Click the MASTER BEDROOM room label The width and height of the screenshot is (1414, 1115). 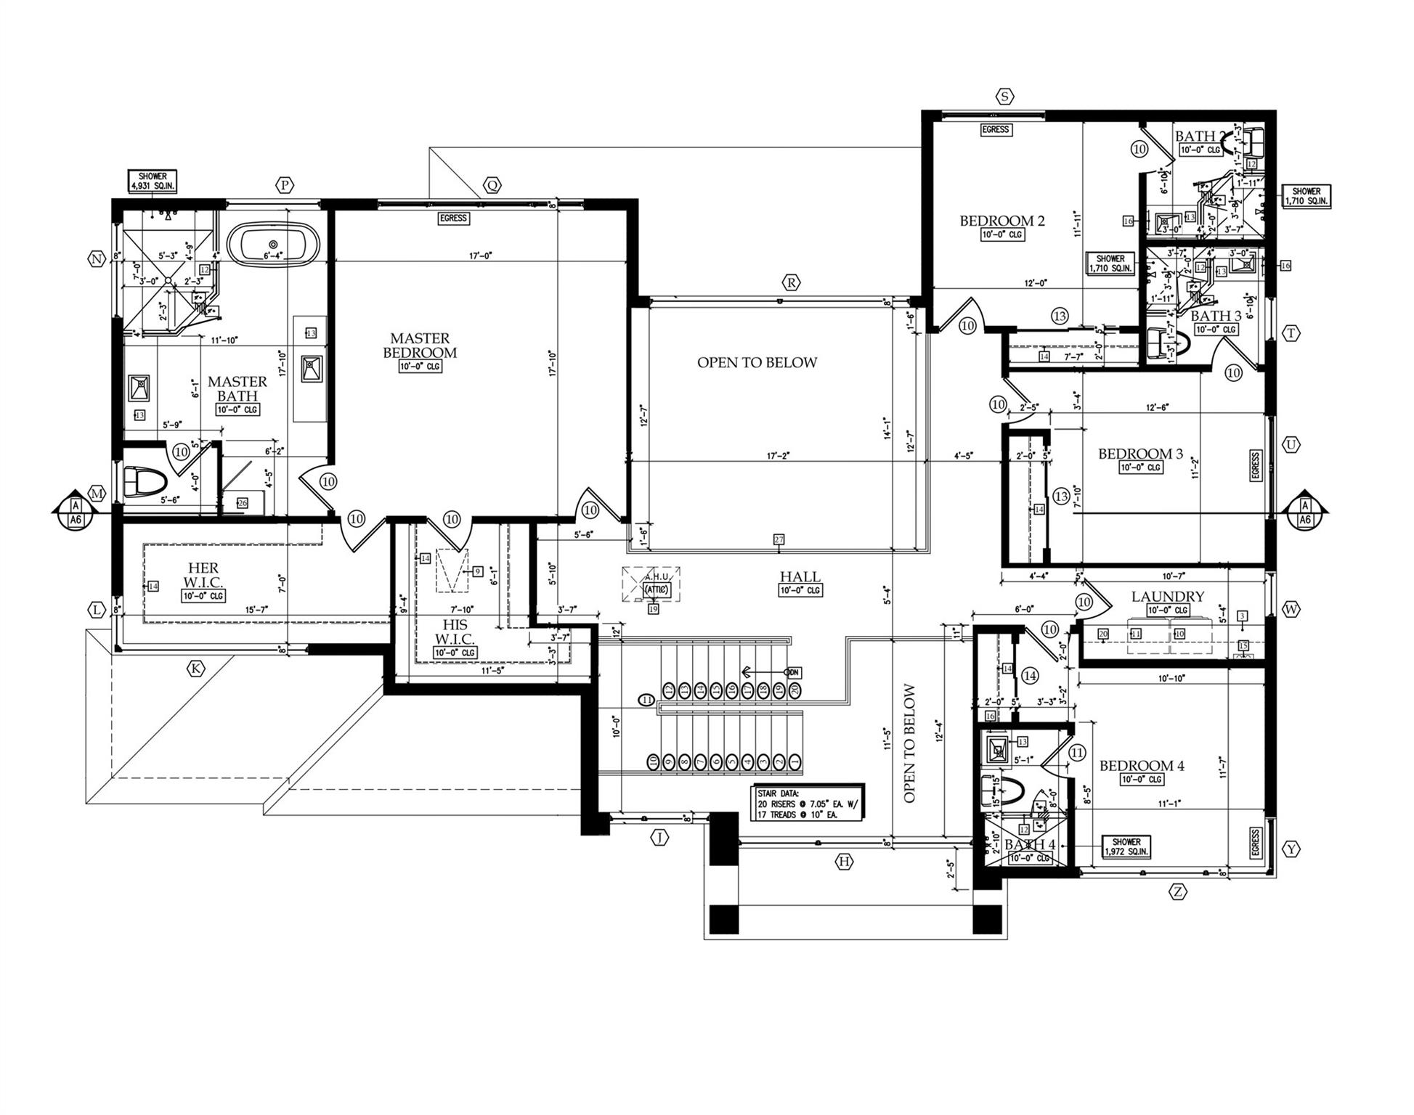(424, 346)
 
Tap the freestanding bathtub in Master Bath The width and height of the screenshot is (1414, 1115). (273, 245)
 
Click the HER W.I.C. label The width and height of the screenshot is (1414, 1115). (203, 576)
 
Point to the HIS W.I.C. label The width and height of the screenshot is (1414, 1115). (455, 632)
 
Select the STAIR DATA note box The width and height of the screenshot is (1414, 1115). (807, 803)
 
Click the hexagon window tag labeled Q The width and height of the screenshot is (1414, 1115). (492, 186)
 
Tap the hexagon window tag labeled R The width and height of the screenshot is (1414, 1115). (791, 282)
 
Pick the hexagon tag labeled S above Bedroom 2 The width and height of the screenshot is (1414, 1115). (1004, 97)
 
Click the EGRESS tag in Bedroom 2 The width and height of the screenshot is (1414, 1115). (996, 130)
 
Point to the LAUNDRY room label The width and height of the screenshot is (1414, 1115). (1167, 597)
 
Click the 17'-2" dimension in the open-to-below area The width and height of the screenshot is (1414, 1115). (778, 456)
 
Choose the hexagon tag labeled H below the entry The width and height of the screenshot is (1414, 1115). (843, 862)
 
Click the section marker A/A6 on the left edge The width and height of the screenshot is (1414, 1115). (75, 512)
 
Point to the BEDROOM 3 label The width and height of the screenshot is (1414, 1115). (1139, 454)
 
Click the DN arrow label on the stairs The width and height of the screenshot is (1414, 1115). (792, 673)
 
